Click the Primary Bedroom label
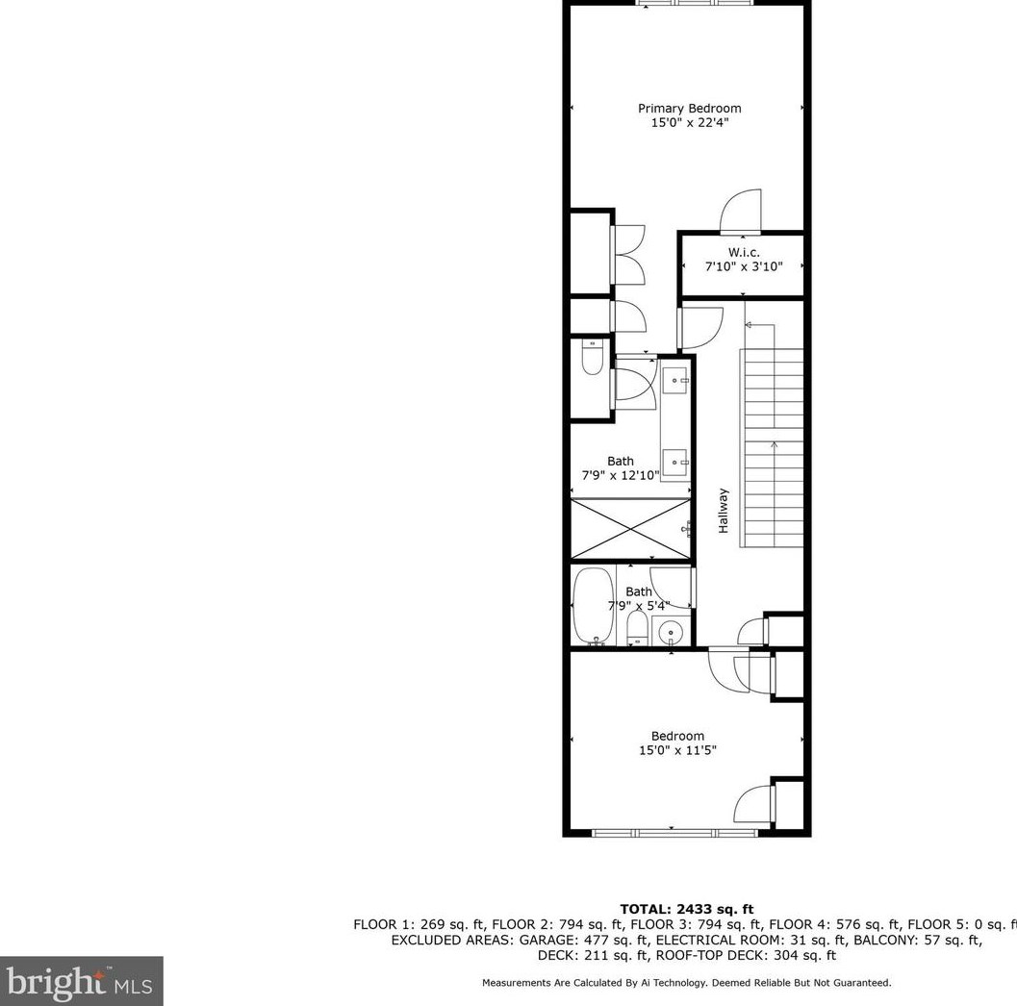[x=689, y=109]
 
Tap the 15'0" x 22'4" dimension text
[x=689, y=123]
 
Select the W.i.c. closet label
[x=743, y=252]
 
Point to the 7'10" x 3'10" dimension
[x=743, y=265]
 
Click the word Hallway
[x=723, y=511]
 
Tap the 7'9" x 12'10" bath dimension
[x=621, y=475]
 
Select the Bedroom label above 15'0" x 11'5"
[x=677, y=736]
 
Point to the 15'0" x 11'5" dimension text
[x=677, y=750]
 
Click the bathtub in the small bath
[x=593, y=606]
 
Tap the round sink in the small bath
[x=672, y=632]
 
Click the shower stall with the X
[x=630, y=528]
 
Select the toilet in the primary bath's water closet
[x=591, y=360]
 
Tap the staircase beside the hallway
[x=771, y=447]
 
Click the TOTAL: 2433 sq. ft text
[x=686, y=909]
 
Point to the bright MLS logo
[x=81, y=981]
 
